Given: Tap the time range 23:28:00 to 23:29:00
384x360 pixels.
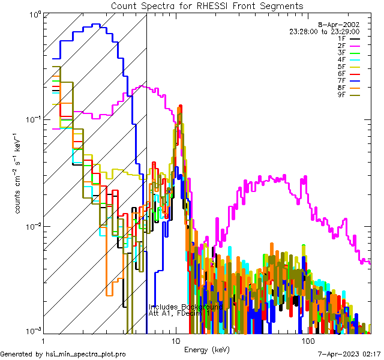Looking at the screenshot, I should click(325, 31).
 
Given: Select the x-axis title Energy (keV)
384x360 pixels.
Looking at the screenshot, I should click(206, 349).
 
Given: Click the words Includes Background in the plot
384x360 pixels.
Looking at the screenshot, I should click(185, 307).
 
